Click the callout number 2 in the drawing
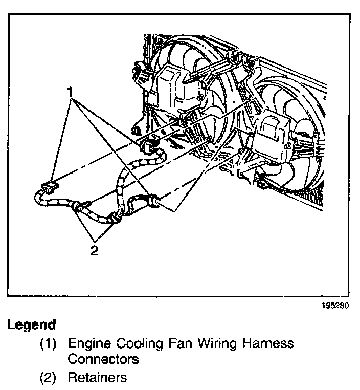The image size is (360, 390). (94, 251)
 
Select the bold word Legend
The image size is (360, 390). (31, 325)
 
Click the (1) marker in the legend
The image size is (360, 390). (49, 343)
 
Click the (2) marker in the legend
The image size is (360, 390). (49, 378)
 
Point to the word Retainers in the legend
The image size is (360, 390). (97, 378)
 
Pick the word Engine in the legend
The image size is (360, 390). (87, 343)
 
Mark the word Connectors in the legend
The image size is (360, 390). (103, 359)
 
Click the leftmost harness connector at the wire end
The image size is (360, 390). (49, 188)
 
